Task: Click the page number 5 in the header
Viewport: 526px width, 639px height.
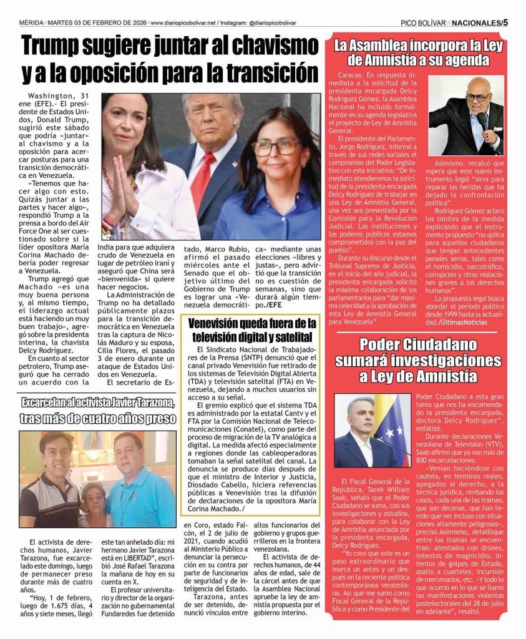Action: pos(505,22)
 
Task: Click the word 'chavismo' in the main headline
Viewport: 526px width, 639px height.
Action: pos(269,46)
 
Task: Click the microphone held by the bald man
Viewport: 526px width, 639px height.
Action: pos(481,119)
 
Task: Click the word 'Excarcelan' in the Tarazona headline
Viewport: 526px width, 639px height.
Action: pos(51,402)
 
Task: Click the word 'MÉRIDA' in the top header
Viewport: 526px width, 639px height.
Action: pos(32,22)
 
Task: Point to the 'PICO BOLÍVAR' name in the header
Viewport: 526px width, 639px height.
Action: pos(424,22)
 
